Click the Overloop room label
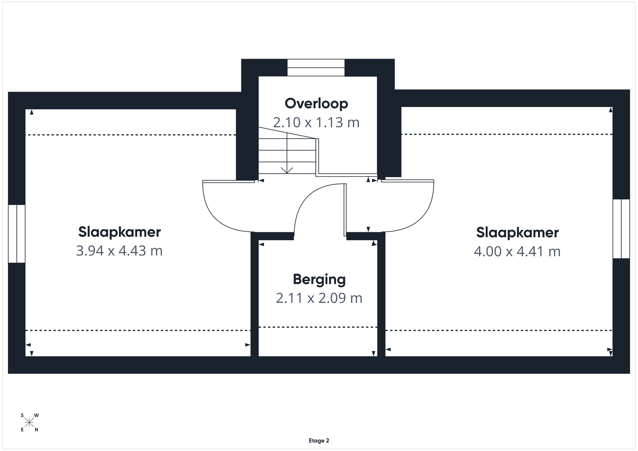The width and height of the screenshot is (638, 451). pyautogui.click(x=316, y=104)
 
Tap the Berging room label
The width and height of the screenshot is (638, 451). pyautogui.click(x=319, y=279)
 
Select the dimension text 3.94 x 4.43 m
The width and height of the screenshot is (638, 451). pyautogui.click(x=119, y=251)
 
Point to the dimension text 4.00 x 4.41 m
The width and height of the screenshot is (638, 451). pyautogui.click(x=517, y=251)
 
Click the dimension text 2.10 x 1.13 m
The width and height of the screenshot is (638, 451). pyautogui.click(x=316, y=123)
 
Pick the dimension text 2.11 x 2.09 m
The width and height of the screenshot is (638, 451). pyautogui.click(x=319, y=298)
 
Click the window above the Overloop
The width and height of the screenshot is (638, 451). pyautogui.click(x=316, y=68)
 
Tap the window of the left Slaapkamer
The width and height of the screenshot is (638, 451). pyautogui.click(x=17, y=233)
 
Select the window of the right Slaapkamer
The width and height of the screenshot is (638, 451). pyautogui.click(x=621, y=229)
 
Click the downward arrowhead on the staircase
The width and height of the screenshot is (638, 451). pyautogui.click(x=287, y=170)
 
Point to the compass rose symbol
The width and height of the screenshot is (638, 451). pyautogui.click(x=29, y=423)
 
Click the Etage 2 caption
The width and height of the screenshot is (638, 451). pyautogui.click(x=319, y=441)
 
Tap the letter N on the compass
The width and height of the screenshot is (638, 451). pyautogui.click(x=36, y=430)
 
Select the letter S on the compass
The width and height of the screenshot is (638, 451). pyautogui.click(x=22, y=416)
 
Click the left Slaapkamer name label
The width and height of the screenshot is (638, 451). pyautogui.click(x=119, y=232)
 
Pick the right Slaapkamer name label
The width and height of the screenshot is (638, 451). pyautogui.click(x=518, y=232)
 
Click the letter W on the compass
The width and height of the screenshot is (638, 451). pyautogui.click(x=36, y=416)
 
